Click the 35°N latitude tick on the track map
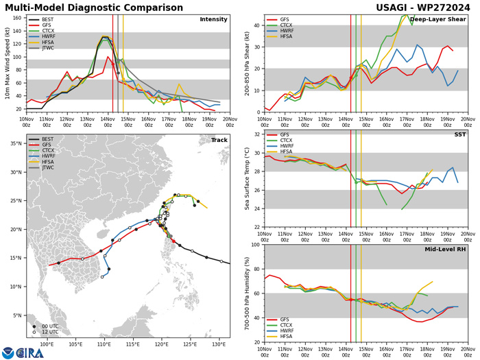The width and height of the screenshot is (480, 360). click(15, 143)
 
